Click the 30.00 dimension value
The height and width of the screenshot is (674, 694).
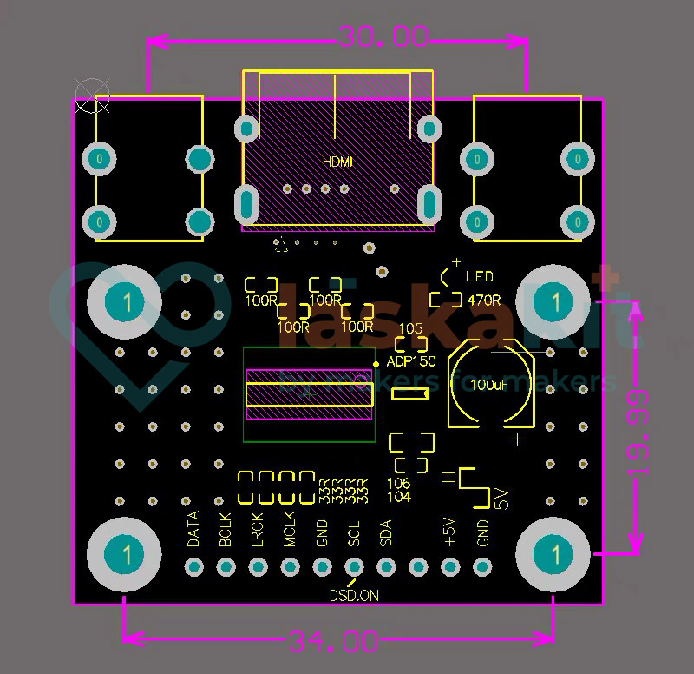[x=383, y=36]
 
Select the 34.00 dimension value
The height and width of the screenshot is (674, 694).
[x=334, y=642]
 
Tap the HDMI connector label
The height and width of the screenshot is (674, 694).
[x=337, y=162]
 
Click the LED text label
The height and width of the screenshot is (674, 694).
[x=479, y=277]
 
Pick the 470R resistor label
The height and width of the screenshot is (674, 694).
[x=484, y=301]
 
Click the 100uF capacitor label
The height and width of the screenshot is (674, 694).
[x=490, y=384]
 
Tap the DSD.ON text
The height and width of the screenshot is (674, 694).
[x=354, y=596]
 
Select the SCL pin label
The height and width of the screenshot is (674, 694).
[x=354, y=532]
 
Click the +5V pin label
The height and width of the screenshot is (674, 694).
[x=449, y=531]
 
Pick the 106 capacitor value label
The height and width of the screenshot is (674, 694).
[x=398, y=483]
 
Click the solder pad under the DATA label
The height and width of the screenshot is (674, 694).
[x=193, y=567]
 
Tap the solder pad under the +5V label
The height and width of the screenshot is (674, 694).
[x=450, y=567]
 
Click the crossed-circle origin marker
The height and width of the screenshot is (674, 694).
[x=92, y=95]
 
